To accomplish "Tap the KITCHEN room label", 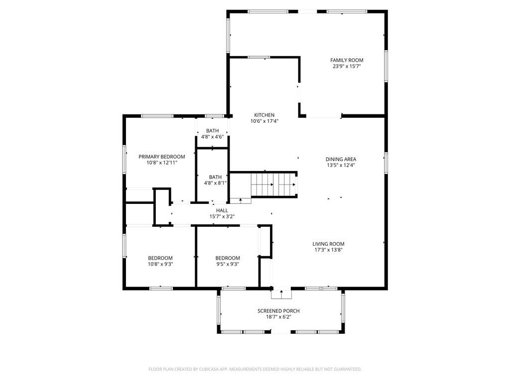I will (x=264, y=115).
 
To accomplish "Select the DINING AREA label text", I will (x=341, y=159).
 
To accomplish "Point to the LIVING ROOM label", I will (x=328, y=244).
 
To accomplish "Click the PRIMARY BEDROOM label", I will (x=161, y=157).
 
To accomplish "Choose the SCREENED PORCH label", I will (x=278, y=311).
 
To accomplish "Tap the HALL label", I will (x=222, y=210).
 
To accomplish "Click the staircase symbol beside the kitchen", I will (x=273, y=185).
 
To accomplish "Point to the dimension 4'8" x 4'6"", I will (x=212, y=137).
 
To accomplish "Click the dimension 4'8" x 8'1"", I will (x=215, y=183).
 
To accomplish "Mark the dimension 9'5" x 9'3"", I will (x=227, y=264).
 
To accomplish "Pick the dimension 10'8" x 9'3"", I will (x=160, y=264).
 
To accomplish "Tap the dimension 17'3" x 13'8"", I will (x=328, y=250).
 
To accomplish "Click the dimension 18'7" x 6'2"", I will (x=278, y=317).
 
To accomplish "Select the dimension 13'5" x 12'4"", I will (x=341, y=165).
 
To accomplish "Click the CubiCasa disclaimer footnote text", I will (x=255, y=369).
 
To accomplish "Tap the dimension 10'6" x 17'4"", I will (x=264, y=121).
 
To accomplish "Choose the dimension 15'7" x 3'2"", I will (x=222, y=216).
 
